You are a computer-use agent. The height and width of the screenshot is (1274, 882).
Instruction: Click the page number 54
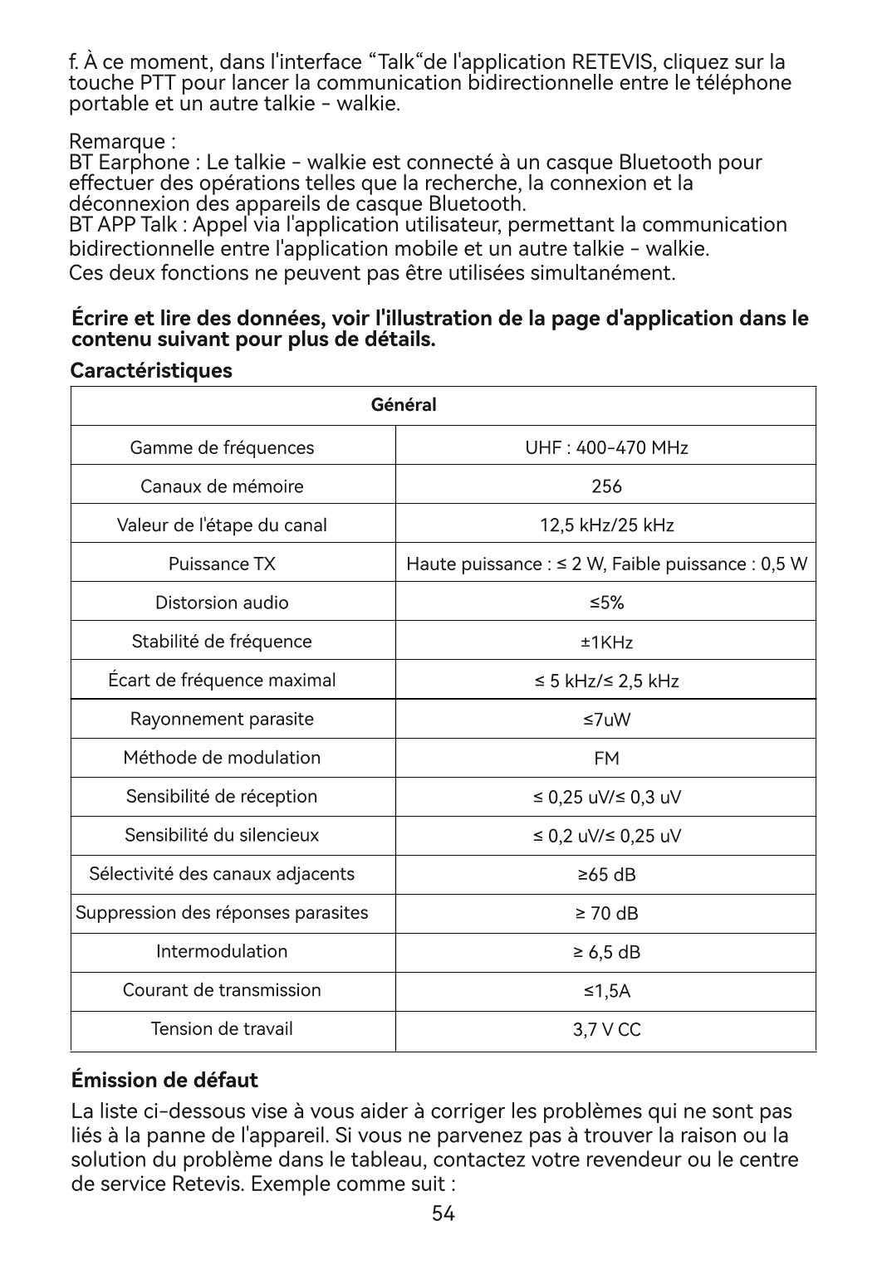pos(443,1214)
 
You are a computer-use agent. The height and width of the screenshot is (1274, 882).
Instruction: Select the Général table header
pos(403,406)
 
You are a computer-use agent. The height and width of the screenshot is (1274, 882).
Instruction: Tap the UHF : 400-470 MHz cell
pos(606,448)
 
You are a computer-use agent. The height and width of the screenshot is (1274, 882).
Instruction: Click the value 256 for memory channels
pos(606,486)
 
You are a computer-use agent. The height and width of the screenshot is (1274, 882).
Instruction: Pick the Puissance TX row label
pos(222,564)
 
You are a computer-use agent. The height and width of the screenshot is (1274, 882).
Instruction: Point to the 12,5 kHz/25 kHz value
pos(606,525)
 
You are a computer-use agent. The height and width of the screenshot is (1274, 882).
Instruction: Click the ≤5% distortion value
pos(606,603)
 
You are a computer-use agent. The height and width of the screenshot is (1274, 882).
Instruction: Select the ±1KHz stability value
pos(606,642)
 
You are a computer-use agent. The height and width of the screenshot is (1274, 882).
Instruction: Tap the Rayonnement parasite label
pos(222,719)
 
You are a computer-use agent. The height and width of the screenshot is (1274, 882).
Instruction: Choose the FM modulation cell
pos(606,759)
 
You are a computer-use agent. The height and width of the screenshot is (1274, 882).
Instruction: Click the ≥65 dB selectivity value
pos(606,875)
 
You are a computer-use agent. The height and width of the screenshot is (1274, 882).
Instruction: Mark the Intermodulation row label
pos(222,951)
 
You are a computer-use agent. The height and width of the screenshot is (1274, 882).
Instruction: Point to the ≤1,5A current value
pos(606,991)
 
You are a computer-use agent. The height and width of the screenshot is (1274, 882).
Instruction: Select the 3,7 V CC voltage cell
pos(606,1030)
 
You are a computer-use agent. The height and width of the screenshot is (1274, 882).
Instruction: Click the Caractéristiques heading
pos(151,370)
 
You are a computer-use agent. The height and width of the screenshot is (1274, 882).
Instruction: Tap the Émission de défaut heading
pos(164,1080)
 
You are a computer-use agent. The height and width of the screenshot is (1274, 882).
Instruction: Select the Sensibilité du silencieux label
pos(222,835)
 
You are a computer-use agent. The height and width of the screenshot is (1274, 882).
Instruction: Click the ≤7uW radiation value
pos(606,720)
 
